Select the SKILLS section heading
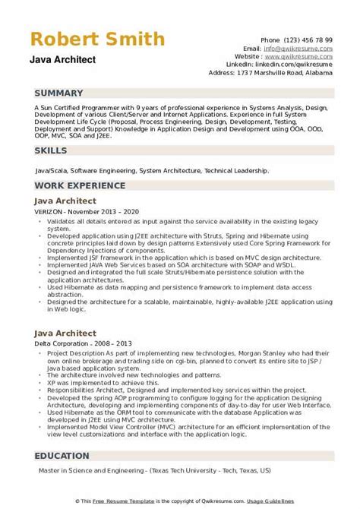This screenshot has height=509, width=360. click(52, 151)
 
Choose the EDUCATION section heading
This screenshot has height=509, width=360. click(66, 457)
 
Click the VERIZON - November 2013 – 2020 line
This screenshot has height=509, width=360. click(82, 211)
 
